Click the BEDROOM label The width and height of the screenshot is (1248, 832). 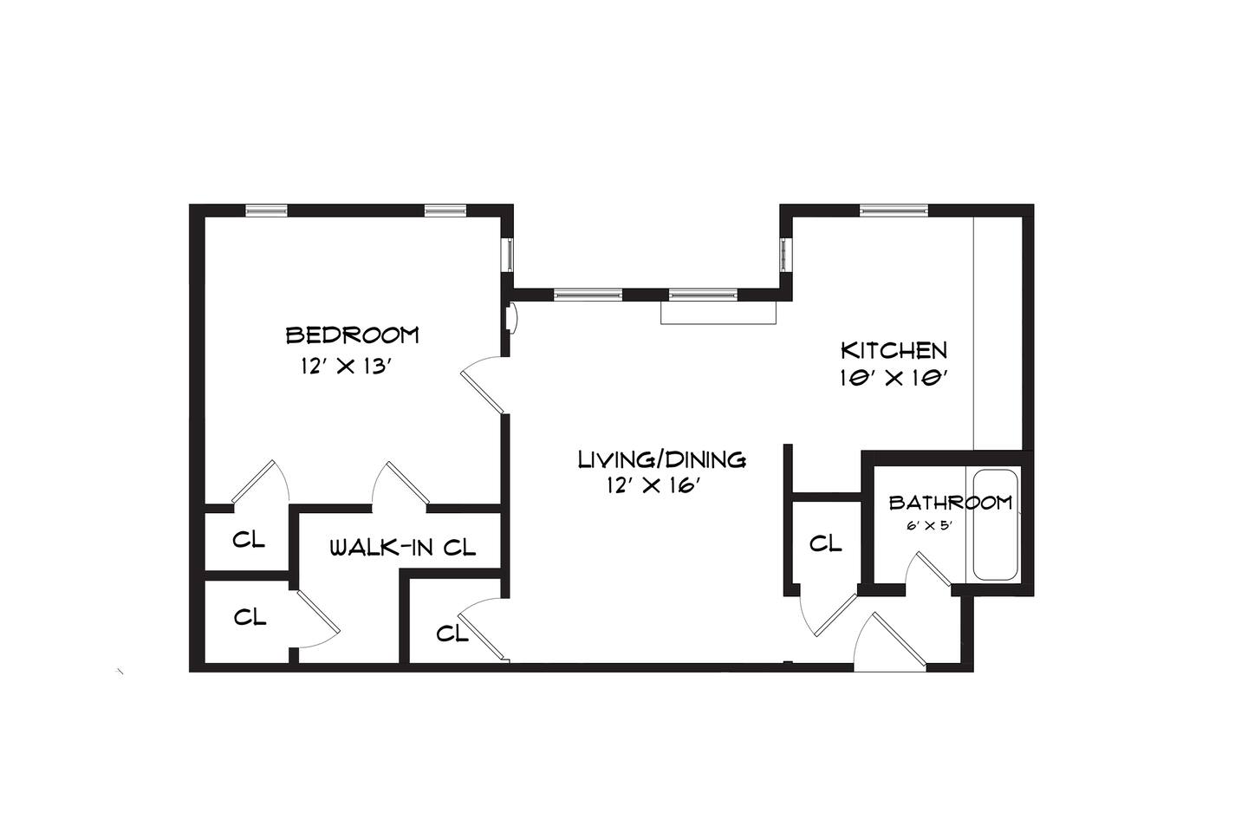click(352, 335)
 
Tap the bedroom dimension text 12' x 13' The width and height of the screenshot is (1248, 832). click(348, 367)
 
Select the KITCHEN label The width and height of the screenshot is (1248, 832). click(894, 350)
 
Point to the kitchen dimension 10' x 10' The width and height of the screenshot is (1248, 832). click(894, 379)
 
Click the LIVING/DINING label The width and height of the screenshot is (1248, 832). click(662, 459)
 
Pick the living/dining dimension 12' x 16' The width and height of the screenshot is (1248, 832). click(653, 486)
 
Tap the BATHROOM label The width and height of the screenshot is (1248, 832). click(951, 503)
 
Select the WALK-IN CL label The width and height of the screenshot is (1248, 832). click(403, 548)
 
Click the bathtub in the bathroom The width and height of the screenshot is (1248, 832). click(996, 525)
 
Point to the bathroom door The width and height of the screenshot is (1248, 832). click(933, 569)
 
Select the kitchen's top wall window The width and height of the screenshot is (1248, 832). click(894, 210)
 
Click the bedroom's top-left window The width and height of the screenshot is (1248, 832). click(266, 210)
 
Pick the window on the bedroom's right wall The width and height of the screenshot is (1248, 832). click(507, 255)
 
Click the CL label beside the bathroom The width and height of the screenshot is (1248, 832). click(825, 543)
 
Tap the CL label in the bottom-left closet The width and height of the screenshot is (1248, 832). click(250, 617)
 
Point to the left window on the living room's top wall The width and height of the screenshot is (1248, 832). click(588, 295)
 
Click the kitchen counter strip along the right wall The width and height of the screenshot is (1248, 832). click(998, 333)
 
